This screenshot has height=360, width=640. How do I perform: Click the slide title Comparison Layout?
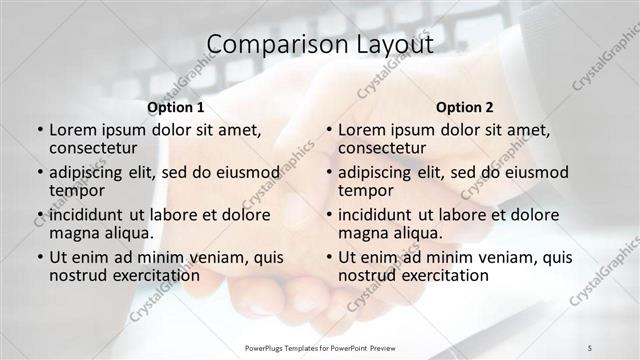coord(319,45)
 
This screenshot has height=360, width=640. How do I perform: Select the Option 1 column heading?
coord(175,107)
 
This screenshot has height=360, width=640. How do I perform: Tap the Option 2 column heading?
coord(465,107)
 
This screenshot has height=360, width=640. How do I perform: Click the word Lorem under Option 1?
coord(75,130)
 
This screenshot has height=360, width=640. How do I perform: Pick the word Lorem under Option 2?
coord(364,130)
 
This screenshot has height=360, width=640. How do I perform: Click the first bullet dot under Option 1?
coord(39,131)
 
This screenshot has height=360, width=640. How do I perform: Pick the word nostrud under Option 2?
coord(367,275)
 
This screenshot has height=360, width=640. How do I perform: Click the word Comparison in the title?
coord(265,45)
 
